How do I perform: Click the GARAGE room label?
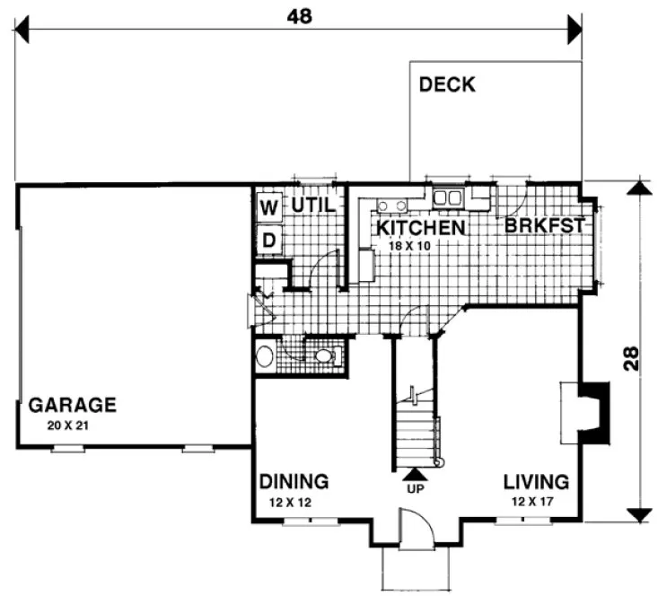tap(73, 404)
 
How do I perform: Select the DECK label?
tap(447, 86)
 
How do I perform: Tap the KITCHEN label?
tap(420, 228)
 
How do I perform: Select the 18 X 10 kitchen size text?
tap(409, 245)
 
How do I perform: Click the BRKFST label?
tap(544, 226)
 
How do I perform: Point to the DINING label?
tap(294, 480)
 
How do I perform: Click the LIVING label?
tap(536, 480)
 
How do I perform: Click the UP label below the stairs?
tap(414, 491)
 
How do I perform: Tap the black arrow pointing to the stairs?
tap(414, 475)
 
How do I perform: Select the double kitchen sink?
tap(447, 197)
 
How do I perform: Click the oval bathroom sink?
tap(265, 357)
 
